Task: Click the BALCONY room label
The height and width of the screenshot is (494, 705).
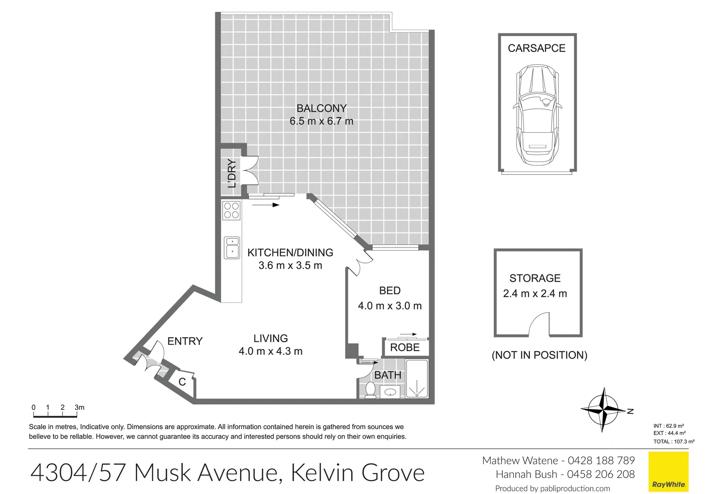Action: coord(321,108)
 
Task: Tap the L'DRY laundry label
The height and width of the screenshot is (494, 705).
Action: coord(232,173)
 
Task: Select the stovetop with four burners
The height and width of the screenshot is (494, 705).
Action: coord(231,210)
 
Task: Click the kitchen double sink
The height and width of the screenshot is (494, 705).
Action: coord(232,248)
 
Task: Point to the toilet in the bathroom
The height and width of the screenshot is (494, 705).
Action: coord(370,390)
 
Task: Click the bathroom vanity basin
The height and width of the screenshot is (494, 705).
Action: coord(390,392)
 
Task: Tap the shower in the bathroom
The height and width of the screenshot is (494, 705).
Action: coord(417,379)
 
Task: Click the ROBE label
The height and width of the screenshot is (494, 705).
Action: coord(405,347)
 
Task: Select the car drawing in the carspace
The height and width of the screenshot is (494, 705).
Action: coord(537,115)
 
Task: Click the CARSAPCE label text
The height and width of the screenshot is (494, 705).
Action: coord(537,48)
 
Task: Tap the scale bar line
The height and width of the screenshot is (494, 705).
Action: coord(55,417)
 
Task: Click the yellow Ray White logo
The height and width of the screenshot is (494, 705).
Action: coord(668,472)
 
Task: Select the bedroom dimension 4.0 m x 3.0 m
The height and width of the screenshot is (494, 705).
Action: coord(390,306)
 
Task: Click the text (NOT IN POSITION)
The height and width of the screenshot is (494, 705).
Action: coord(539,355)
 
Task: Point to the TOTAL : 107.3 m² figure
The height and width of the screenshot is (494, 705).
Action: coord(674,441)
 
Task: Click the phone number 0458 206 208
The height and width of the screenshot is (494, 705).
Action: coord(601,474)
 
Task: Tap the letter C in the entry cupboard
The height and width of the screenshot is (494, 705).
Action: coord(182,382)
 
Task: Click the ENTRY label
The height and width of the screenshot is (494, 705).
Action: coord(185,341)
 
